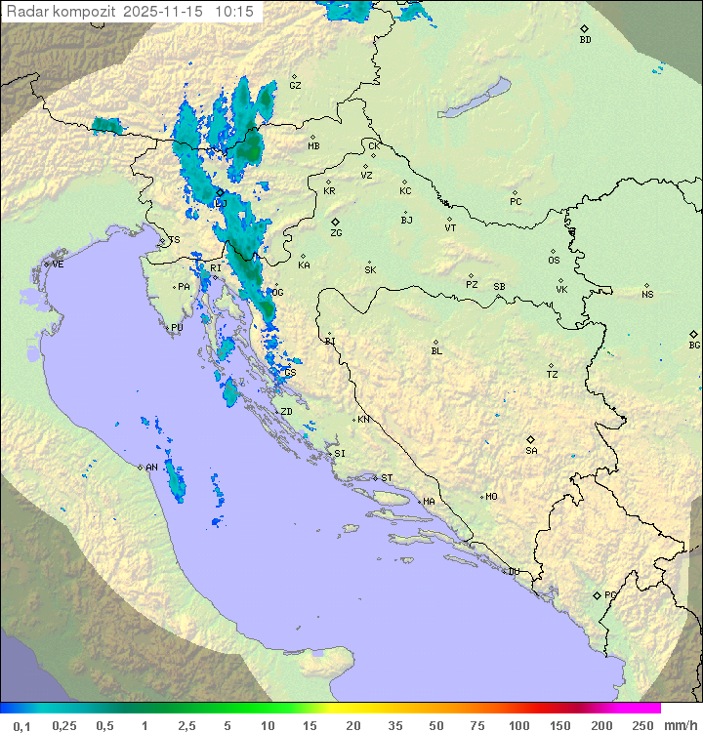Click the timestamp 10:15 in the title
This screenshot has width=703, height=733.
[x=235, y=12]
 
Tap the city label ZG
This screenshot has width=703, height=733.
[x=336, y=233]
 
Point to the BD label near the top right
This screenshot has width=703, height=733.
[x=585, y=40]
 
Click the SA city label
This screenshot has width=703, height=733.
[x=531, y=450]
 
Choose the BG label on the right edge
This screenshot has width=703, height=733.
[x=694, y=345]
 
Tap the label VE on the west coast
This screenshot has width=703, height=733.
[x=58, y=265]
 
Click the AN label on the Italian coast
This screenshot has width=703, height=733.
[x=151, y=468]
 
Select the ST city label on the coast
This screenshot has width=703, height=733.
[x=387, y=478]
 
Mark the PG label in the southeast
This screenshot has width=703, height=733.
[x=610, y=594]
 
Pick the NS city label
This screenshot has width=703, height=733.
[x=647, y=295]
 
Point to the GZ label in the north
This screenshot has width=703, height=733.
[x=295, y=86]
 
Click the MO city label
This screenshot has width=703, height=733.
[x=491, y=497]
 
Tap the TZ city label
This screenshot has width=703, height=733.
[x=553, y=375]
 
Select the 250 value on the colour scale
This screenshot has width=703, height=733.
[x=641, y=725]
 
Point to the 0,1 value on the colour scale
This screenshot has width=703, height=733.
[x=21, y=725]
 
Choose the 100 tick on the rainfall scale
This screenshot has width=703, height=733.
[x=518, y=725]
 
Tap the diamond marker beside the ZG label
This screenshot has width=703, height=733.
[x=335, y=223]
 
